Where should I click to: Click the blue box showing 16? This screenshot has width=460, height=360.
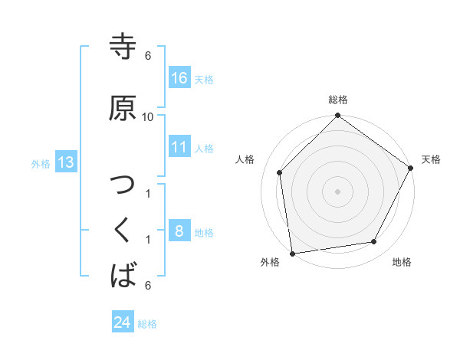pyautogui.click(x=179, y=78)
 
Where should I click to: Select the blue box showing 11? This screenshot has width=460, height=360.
pyautogui.click(x=179, y=147)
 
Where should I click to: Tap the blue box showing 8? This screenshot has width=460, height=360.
pyautogui.click(x=179, y=231)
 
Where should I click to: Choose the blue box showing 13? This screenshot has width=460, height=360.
pyautogui.click(x=65, y=162)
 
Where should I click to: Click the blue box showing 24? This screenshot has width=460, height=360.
pyautogui.click(x=123, y=322)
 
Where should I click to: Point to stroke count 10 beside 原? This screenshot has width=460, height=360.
pyautogui.click(x=148, y=116)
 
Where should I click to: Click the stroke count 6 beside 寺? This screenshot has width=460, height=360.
pyautogui.click(x=148, y=56)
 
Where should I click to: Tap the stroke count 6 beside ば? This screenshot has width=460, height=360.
pyautogui.click(x=148, y=286)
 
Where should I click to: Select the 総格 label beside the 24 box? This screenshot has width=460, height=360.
pyautogui.click(x=147, y=324)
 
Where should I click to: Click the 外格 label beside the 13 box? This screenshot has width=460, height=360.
pyautogui.click(x=41, y=164)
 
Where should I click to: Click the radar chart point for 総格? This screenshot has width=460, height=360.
pyautogui.click(x=337, y=116)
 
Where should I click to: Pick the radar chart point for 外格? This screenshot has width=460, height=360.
pyautogui.click(x=292, y=253)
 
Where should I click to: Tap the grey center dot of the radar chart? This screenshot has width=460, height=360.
pyautogui.click(x=337, y=191)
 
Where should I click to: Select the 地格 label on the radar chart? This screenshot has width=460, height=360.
pyautogui.click(x=402, y=263)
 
